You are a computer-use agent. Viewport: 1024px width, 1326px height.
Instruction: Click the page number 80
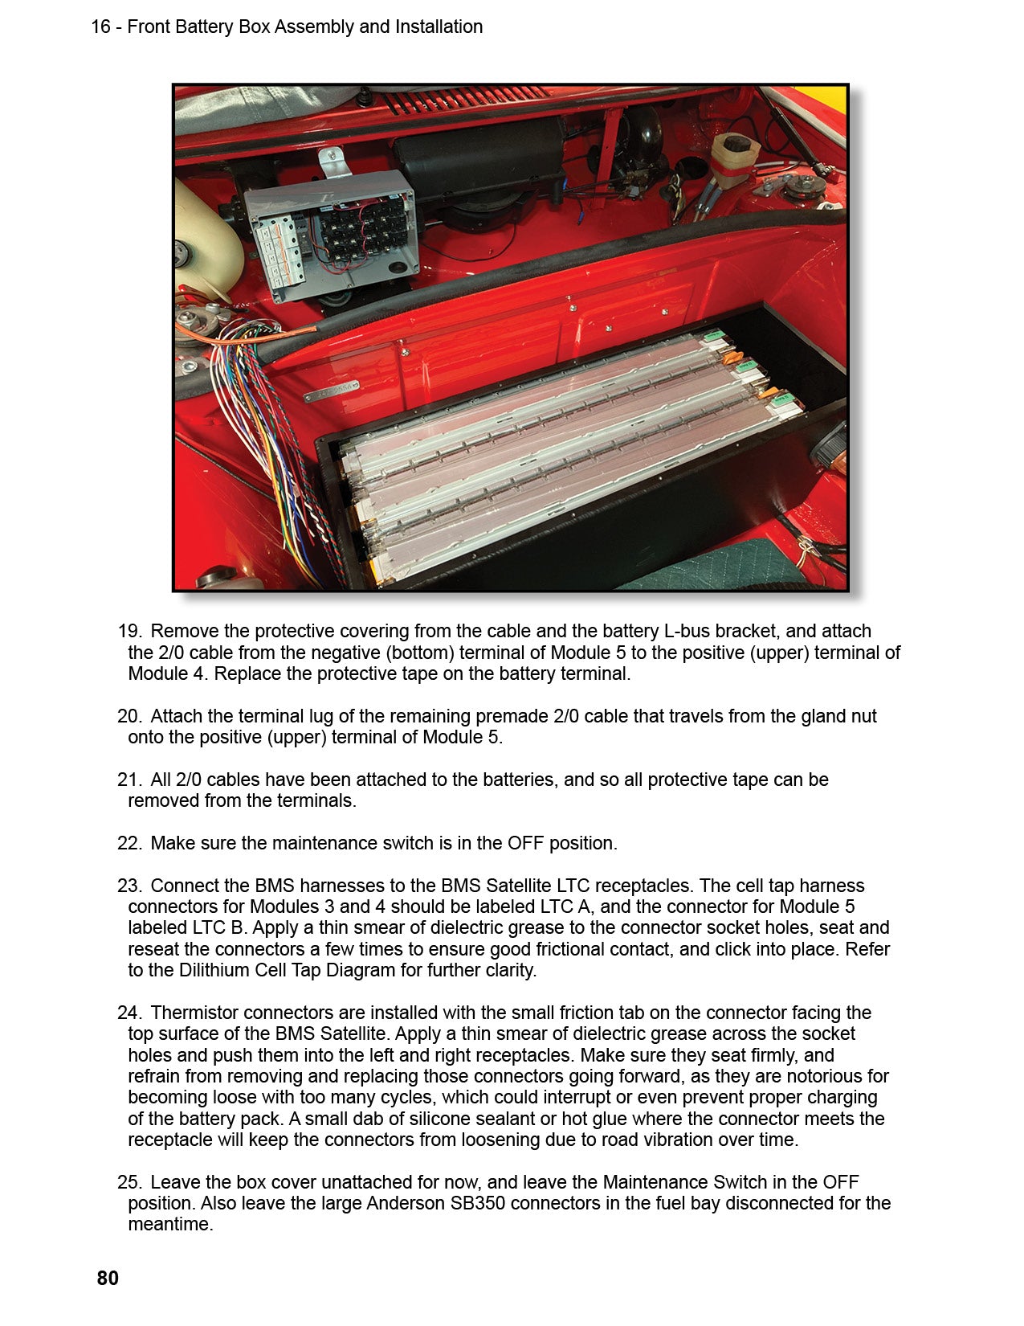pyautogui.click(x=108, y=1278)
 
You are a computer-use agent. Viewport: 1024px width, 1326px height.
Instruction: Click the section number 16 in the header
pyautogui.click(x=100, y=27)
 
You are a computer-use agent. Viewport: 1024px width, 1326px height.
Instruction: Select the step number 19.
pyautogui.click(x=129, y=632)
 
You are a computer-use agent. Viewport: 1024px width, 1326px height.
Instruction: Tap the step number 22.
pyautogui.click(x=129, y=843)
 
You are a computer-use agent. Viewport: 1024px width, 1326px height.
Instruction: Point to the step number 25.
pyautogui.click(x=129, y=1182)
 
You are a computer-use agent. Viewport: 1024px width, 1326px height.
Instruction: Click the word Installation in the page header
pyautogui.click(x=439, y=27)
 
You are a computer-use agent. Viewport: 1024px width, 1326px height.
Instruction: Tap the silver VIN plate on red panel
pyautogui.click(x=331, y=394)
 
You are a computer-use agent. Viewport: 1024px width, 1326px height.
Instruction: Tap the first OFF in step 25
pyautogui.click(x=840, y=1182)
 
